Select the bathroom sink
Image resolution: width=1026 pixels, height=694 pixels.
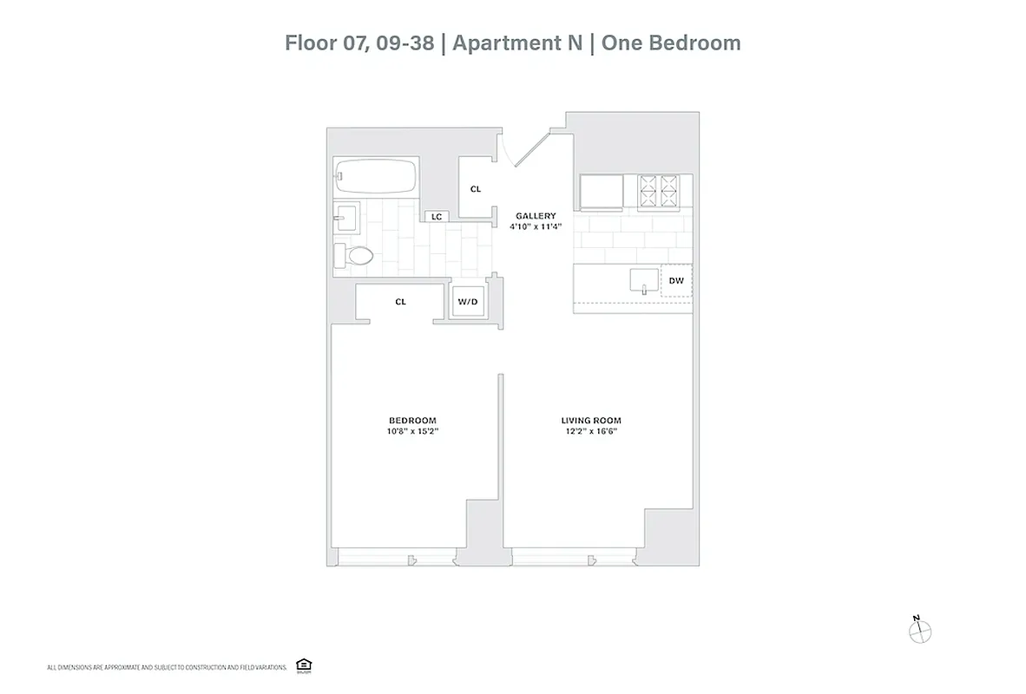349,216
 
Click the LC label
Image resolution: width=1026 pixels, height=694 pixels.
436,216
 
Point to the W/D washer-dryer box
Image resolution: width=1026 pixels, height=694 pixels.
467,302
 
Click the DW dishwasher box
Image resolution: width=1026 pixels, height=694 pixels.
677,281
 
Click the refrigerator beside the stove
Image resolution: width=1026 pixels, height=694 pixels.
601,192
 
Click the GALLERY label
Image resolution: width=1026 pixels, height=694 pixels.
536,216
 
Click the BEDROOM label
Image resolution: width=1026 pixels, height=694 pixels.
412,420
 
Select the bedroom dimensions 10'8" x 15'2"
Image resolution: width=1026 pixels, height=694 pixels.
412,431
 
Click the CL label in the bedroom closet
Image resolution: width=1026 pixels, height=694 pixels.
400,302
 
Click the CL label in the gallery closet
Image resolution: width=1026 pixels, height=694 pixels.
476,189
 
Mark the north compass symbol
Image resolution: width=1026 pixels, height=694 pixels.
919,631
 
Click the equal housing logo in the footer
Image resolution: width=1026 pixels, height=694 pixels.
303,665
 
